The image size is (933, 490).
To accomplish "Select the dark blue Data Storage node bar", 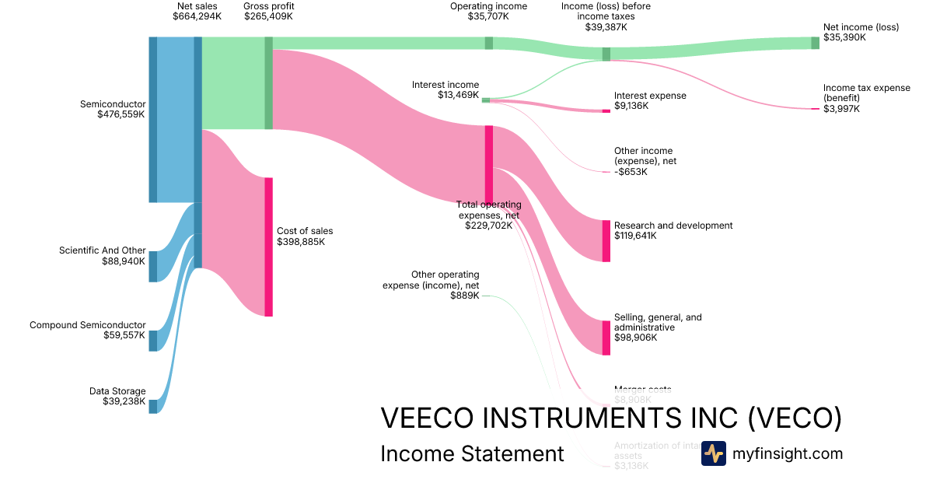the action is (x=152, y=406).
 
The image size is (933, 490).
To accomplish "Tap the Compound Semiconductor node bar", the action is (x=152, y=341).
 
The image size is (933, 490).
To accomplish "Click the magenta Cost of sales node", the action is (x=268, y=247).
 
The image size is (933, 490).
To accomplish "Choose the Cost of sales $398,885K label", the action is (x=304, y=236).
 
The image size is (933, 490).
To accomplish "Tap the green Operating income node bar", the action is (x=489, y=43).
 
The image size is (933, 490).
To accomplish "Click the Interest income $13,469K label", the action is (x=446, y=90).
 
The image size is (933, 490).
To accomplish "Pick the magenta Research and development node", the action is (x=606, y=240).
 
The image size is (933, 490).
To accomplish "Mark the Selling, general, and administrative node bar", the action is (x=606, y=338).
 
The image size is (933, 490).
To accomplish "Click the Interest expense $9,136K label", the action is (x=650, y=100).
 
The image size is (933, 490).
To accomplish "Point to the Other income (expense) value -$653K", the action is (x=631, y=171).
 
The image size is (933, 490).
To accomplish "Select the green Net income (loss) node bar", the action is (x=816, y=42).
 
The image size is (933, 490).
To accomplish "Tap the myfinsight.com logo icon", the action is (x=713, y=453).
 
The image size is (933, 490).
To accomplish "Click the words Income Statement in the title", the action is (x=472, y=454).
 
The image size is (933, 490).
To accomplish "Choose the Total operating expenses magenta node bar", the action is (x=489, y=163).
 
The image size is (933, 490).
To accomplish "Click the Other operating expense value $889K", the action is (x=465, y=295).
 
